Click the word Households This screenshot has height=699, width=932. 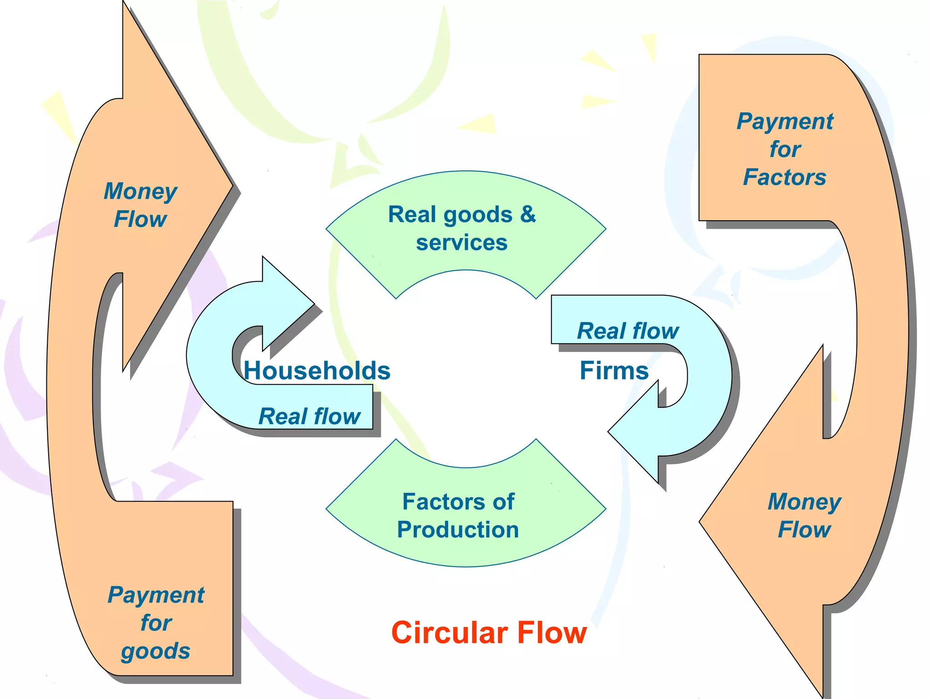317,370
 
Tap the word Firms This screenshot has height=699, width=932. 614,370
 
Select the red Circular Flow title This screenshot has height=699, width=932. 489,633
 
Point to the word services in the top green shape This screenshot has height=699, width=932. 461,243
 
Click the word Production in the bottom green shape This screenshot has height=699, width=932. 458,530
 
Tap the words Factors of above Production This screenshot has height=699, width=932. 458,501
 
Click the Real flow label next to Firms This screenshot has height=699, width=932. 628,331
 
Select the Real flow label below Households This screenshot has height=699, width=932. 309,416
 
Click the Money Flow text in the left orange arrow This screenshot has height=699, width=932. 140,205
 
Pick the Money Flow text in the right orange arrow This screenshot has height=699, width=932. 804,515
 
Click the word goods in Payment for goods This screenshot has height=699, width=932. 156,651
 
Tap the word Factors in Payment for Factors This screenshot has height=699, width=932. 785,177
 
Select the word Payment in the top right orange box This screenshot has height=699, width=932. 785,122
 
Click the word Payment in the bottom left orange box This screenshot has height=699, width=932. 156,595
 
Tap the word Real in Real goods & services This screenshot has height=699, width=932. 412,214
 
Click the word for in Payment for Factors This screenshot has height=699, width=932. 785,149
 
